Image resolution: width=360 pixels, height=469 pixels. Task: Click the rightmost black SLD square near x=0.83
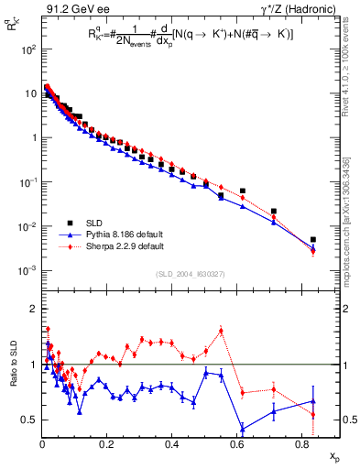point(312,240)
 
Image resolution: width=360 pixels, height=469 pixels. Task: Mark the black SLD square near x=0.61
point(243,191)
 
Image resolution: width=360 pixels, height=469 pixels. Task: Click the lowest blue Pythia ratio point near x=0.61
point(243,428)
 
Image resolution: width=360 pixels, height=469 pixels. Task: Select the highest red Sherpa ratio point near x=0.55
point(222,331)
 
